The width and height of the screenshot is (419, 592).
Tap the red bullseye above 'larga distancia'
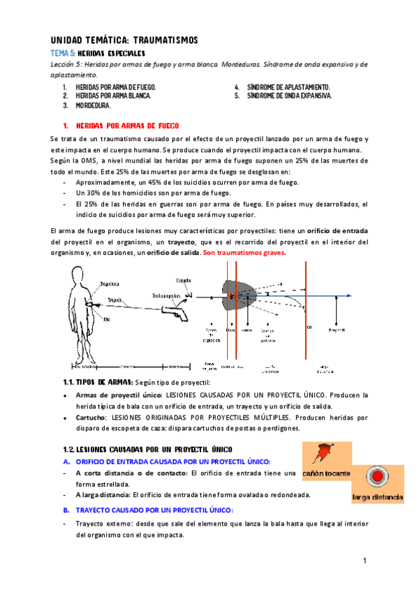(x=378, y=477)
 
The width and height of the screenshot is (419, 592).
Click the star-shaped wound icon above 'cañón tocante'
(x=324, y=454)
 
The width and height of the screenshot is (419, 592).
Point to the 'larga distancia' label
(x=377, y=497)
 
